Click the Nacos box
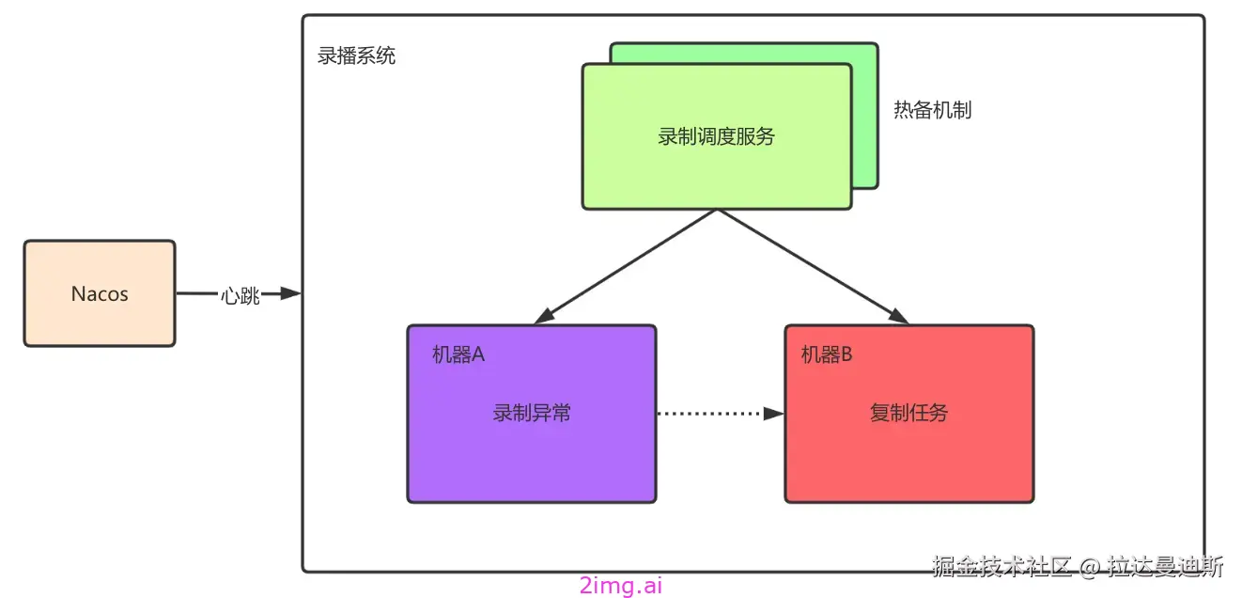[100, 293]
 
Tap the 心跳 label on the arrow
[240, 294]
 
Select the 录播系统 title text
[357, 55]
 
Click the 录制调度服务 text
[716, 136]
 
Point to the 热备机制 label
[932, 110]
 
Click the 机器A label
[458, 354]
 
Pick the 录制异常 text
[532, 413]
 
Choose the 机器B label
[827, 354]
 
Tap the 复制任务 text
[908, 413]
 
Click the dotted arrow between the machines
[714, 413]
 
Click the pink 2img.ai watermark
[621, 585]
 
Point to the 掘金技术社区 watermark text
[1001, 566]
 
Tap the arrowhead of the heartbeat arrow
[291, 294]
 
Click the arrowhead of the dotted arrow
[775, 413]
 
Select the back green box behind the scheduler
[864, 113]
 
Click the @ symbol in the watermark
[1089, 567]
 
